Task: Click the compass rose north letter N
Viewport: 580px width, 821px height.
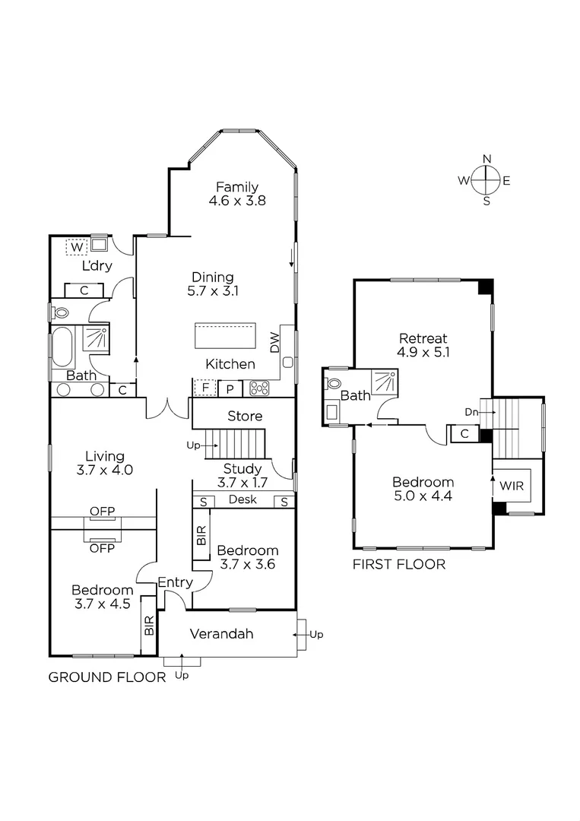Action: tap(487, 159)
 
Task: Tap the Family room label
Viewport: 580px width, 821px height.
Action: tap(236, 187)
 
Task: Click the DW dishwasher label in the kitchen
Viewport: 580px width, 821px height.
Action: tap(275, 342)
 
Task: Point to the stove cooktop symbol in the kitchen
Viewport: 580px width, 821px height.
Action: tap(260, 388)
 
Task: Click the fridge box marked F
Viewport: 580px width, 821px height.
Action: tap(203, 388)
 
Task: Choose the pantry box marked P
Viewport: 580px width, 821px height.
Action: tap(230, 388)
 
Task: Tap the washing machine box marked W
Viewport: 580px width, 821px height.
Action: tap(77, 247)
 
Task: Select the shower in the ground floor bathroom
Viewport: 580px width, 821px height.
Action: tap(96, 338)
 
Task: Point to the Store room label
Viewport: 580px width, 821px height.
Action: tap(245, 416)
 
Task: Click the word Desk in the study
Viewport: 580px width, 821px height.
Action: tap(242, 500)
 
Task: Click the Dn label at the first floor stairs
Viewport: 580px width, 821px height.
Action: tap(471, 412)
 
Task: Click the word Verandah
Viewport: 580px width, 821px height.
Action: tap(221, 634)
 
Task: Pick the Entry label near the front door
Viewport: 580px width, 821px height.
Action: tap(174, 582)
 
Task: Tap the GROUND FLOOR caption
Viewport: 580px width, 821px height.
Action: tap(107, 677)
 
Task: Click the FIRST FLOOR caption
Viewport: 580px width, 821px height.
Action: tap(398, 564)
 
